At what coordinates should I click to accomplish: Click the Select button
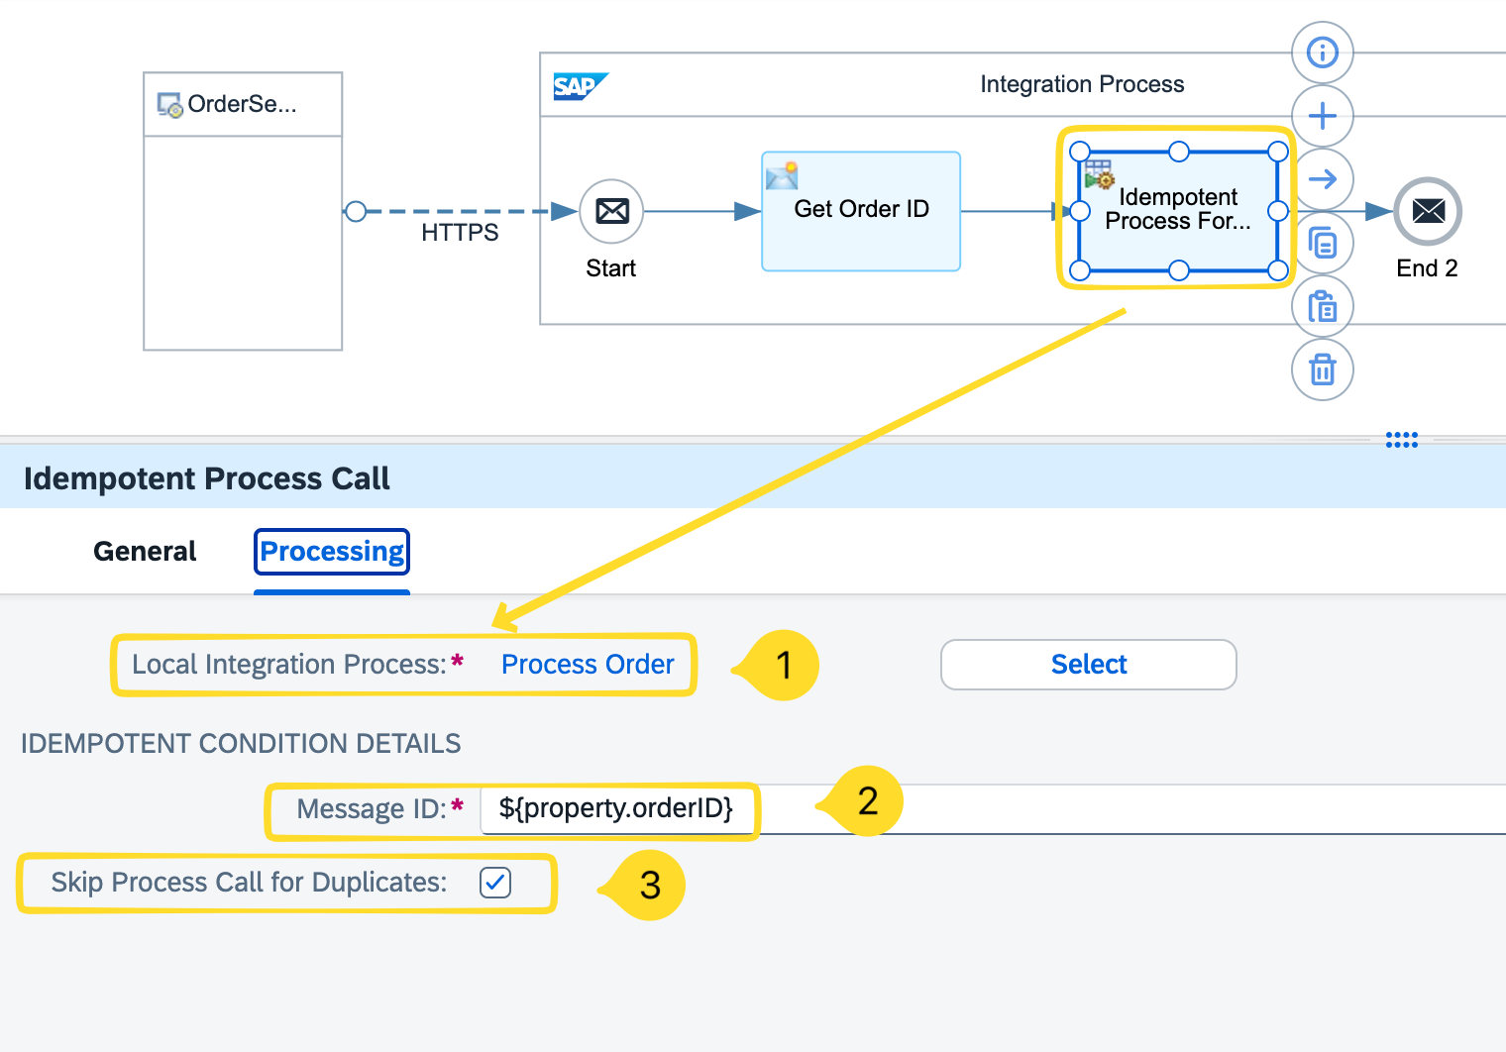click(x=1088, y=665)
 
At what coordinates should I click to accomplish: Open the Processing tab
click(x=332, y=552)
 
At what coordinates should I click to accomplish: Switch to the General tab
click(x=145, y=552)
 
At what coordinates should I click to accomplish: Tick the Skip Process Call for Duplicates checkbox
click(x=495, y=882)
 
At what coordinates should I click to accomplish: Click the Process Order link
click(x=588, y=665)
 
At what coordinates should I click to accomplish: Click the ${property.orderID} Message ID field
click(x=615, y=808)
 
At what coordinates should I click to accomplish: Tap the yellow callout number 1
click(x=784, y=666)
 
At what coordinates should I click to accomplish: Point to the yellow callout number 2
click(x=867, y=800)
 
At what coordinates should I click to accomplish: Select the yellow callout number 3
click(x=650, y=885)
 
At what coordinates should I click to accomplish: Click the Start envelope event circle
click(x=611, y=211)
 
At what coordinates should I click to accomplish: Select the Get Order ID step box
click(x=860, y=211)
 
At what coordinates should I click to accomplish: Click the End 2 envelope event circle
click(x=1428, y=211)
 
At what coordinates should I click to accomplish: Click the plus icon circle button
click(x=1322, y=116)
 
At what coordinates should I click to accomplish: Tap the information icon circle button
click(x=1322, y=53)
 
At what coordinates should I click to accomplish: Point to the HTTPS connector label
click(x=460, y=233)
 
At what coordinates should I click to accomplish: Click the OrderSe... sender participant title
click(x=242, y=104)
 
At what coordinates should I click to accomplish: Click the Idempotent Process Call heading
click(x=206, y=478)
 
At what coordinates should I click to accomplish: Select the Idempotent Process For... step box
click(x=1178, y=209)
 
